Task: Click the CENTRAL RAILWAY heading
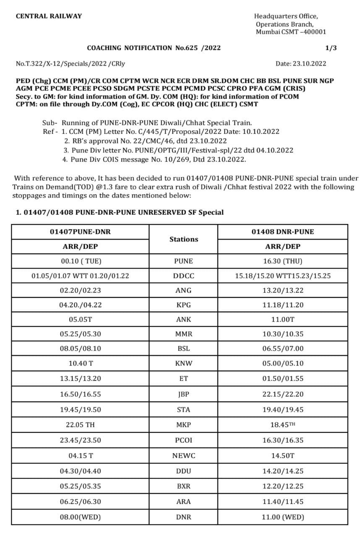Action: pyautogui.click(x=49, y=16)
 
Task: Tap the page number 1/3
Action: pyautogui.click(x=331, y=48)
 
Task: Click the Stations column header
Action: pyautogui.click(x=183, y=239)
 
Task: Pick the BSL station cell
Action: pyautogui.click(x=183, y=348)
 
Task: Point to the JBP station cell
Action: pyautogui.click(x=183, y=394)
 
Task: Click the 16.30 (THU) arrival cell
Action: pyautogui.click(x=282, y=261)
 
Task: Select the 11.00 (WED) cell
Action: pyautogui.click(x=282, y=517)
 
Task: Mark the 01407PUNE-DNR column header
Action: pyautogui.click(x=80, y=232)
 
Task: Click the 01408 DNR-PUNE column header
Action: pyautogui.click(x=282, y=232)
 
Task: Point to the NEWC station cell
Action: pyautogui.click(x=183, y=456)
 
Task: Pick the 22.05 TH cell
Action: pyautogui.click(x=80, y=425)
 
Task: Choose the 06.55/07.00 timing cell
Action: pyautogui.click(x=282, y=348)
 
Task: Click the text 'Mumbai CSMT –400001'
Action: pyautogui.click(x=291, y=32)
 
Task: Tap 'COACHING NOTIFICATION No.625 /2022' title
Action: pyautogui.click(x=154, y=48)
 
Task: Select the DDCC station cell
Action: pyautogui.click(x=183, y=276)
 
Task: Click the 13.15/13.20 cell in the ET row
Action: pyautogui.click(x=80, y=378)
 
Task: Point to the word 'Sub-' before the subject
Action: pyautogui.click(x=50, y=123)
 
